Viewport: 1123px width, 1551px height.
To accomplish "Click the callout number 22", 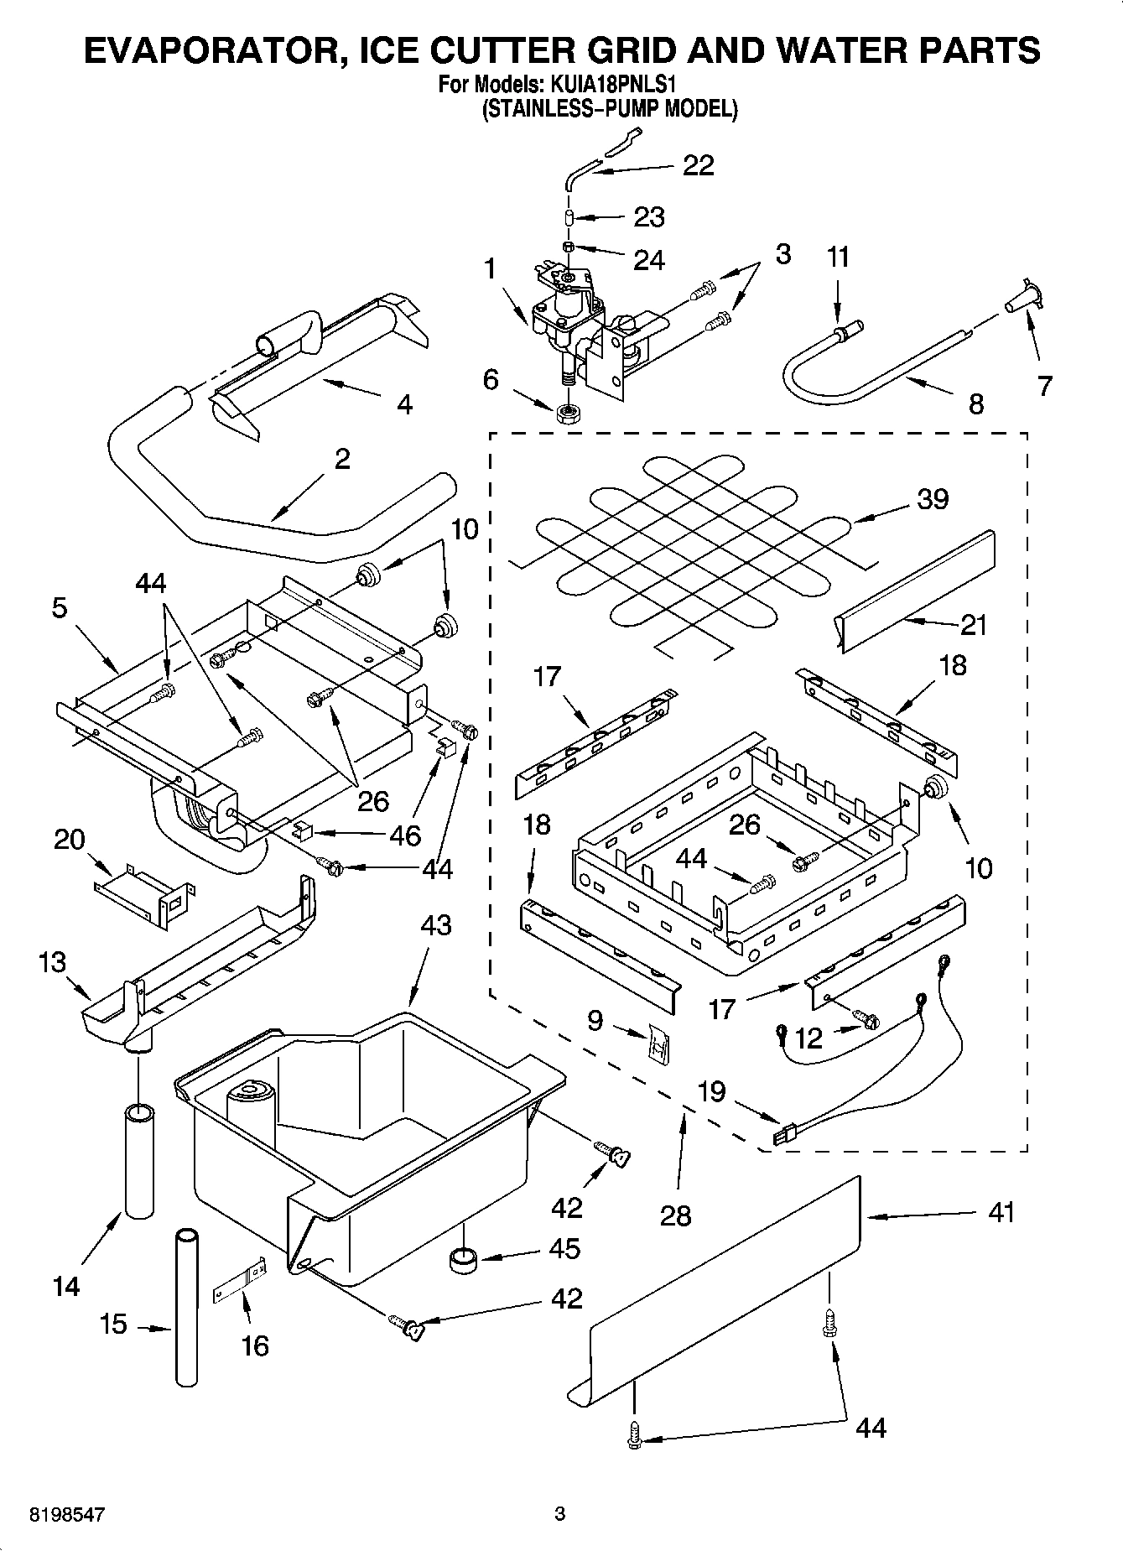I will point(698,165).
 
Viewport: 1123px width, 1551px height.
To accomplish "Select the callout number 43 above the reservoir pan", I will point(435,925).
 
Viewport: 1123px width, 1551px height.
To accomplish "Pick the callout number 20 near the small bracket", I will point(70,839).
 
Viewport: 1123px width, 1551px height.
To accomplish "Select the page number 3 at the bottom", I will point(560,1514).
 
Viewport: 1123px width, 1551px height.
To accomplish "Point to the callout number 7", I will point(1044,385).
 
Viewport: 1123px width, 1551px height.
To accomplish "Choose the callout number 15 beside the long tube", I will point(112,1324).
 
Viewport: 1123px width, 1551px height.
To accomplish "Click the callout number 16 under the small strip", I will point(255,1345).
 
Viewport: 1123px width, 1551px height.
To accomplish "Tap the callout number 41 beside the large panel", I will point(1001,1212).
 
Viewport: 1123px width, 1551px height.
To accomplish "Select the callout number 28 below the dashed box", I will point(676,1215).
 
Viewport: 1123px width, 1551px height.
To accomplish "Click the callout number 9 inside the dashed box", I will point(595,1021).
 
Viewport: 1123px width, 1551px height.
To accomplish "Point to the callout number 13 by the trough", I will point(52,962).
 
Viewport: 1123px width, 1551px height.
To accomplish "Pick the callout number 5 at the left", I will point(59,607).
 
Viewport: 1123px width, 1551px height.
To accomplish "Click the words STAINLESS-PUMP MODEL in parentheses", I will point(610,109).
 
